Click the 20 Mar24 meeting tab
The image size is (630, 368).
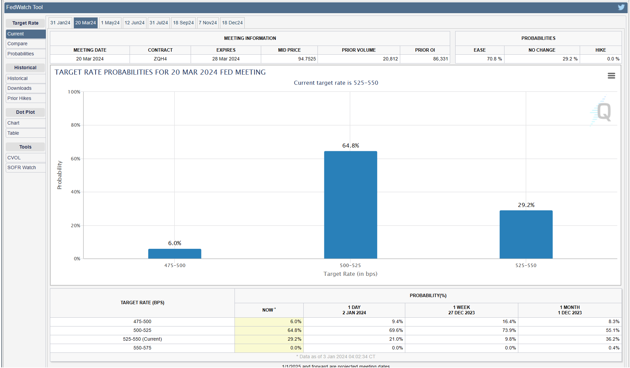click(85, 23)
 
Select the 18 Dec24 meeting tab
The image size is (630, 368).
click(232, 23)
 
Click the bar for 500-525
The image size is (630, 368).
click(351, 205)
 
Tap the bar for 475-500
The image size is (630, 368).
click(174, 254)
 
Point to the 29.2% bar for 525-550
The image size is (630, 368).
click(526, 234)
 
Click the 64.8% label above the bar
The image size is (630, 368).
click(351, 146)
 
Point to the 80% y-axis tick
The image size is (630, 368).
click(76, 125)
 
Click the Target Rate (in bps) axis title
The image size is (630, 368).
click(350, 274)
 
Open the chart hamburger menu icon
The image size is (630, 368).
click(611, 76)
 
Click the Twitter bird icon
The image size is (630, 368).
click(621, 7)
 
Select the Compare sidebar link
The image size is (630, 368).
click(18, 44)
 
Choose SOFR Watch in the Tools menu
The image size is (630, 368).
click(22, 167)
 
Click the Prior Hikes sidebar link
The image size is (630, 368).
click(19, 98)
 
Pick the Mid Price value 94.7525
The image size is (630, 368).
click(307, 59)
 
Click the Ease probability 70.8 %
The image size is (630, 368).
click(494, 59)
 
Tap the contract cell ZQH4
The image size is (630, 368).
click(160, 59)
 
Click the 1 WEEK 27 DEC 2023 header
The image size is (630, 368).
click(461, 310)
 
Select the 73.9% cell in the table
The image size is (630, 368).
click(509, 330)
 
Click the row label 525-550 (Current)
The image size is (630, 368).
click(142, 339)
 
